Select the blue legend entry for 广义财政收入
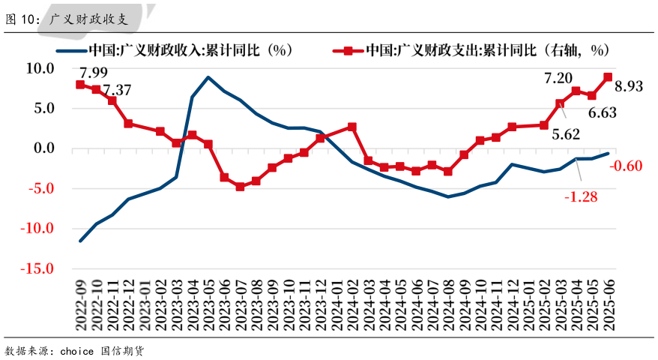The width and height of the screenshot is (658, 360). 173,51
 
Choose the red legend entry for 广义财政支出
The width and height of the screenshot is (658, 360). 472,51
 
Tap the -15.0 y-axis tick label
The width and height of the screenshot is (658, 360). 37,268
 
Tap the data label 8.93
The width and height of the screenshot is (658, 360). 629,86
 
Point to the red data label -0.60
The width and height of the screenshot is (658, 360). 627,166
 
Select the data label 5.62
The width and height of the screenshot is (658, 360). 566,135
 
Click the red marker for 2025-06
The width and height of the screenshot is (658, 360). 607,76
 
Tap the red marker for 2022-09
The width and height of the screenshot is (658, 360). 80,85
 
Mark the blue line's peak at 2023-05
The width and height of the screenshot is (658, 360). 208,77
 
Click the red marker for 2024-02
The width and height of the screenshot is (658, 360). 351,127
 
